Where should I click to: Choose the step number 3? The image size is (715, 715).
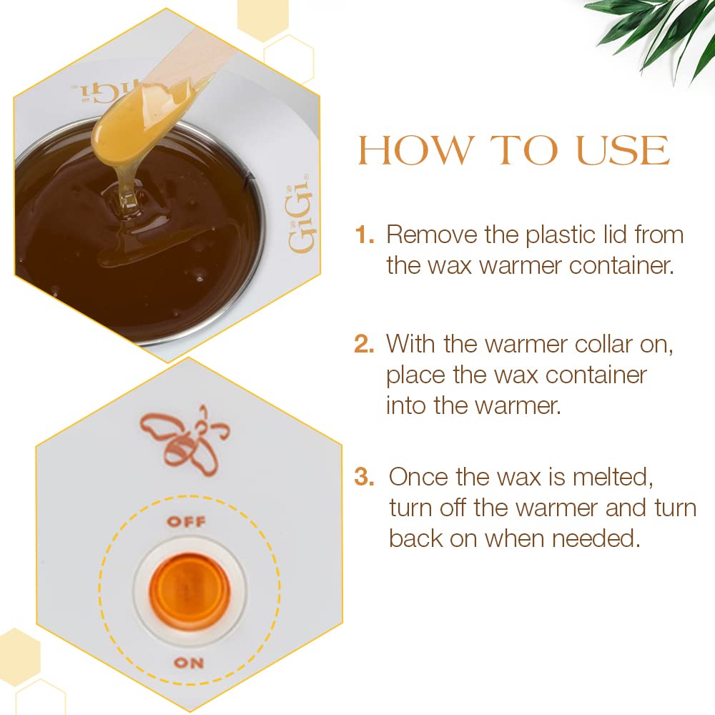(364, 477)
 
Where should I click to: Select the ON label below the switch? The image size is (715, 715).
(189, 663)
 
